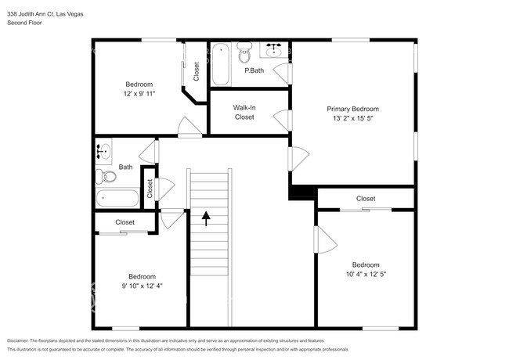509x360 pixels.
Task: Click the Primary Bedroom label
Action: coord(352,109)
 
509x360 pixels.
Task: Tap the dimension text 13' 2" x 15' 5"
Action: coord(352,118)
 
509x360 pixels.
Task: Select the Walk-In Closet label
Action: coord(244,112)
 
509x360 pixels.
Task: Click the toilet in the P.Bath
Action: coord(244,52)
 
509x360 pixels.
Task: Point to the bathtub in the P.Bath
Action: coord(221,64)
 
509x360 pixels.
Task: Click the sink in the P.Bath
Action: coord(274,49)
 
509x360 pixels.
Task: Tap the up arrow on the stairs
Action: coord(206,218)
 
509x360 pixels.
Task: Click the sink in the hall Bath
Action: coord(103,152)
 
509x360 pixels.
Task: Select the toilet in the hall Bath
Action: coord(106,177)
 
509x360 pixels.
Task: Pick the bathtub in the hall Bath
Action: coord(117,198)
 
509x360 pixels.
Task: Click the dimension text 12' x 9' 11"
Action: coord(139,94)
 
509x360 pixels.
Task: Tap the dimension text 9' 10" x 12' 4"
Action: coord(143,286)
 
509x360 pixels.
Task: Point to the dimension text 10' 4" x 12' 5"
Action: coord(366,275)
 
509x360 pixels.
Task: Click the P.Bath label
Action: coord(254,70)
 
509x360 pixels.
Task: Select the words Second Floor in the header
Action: coord(24,23)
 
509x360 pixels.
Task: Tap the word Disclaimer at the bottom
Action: coord(17,341)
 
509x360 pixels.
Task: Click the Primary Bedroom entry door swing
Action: coord(298,159)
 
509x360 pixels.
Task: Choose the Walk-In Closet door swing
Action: coord(282,121)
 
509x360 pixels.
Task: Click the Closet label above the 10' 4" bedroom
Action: coord(366,199)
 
